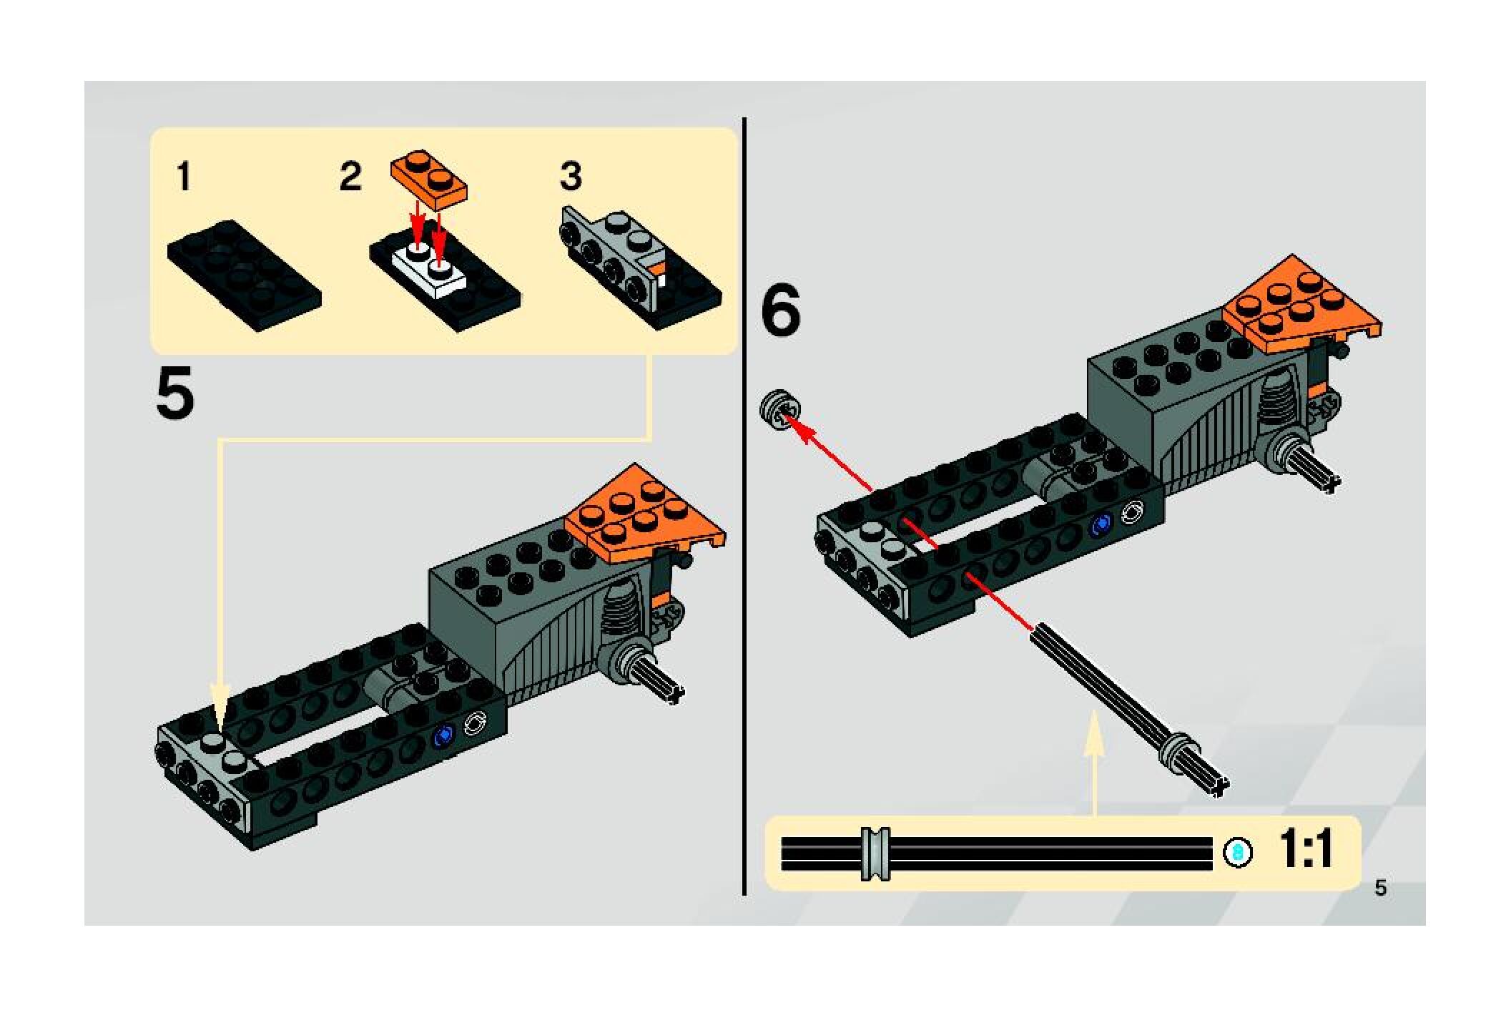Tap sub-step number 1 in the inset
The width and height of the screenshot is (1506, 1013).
tap(184, 177)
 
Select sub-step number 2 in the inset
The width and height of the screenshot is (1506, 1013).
tap(350, 177)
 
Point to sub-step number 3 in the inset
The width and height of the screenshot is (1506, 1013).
tap(571, 177)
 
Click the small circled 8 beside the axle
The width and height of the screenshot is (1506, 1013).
tap(1238, 853)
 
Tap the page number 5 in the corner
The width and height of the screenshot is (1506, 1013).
tap(1380, 888)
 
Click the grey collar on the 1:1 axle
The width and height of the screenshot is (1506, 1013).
tap(875, 853)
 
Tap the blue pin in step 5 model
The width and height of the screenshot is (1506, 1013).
tap(445, 734)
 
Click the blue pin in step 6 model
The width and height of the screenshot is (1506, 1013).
tap(1102, 524)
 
